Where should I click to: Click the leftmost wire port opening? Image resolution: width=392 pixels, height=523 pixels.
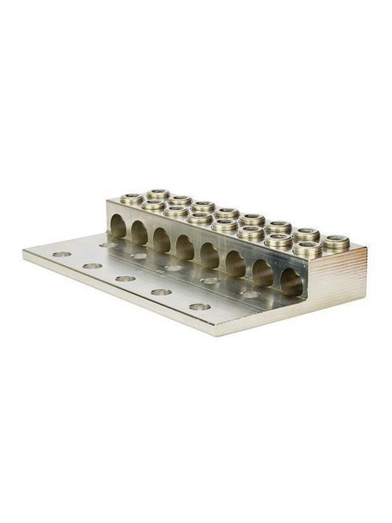pos(118,227)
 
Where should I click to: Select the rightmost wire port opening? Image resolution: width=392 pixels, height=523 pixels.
pos(291,282)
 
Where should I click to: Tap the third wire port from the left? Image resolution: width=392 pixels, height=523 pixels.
pos(162,240)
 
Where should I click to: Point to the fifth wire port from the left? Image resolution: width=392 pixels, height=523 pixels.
pos(210,256)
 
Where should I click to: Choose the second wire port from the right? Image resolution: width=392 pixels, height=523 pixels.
pos(263,273)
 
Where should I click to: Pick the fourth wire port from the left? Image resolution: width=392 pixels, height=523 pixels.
pos(185,248)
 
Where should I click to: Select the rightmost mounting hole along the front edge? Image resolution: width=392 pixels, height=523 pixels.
pos(200,306)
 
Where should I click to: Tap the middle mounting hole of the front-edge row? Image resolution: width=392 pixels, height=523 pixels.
pos(125,278)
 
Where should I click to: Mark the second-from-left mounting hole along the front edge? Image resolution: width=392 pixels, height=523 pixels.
pos(93,266)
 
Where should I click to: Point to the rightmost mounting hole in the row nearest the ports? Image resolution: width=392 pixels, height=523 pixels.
pos(250,294)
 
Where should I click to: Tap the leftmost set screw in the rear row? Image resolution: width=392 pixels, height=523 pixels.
pos(158,193)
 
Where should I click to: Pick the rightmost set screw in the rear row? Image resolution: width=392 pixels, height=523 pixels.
pos(336,242)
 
